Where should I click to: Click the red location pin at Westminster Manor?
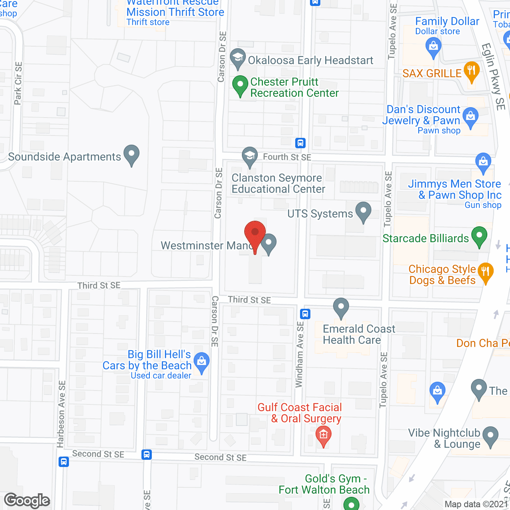point(255,233)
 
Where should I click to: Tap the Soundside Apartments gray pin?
point(131,155)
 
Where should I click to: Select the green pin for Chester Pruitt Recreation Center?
point(240,85)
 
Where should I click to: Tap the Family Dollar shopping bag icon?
point(433,47)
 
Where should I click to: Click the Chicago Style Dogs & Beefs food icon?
point(485,273)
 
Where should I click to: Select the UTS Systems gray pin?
point(363,211)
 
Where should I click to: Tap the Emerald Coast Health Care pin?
point(341,307)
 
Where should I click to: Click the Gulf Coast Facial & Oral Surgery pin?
point(323,435)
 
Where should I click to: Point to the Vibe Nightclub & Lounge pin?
point(490,435)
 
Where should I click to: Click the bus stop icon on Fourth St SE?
point(300,143)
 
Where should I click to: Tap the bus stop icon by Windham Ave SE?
point(305,314)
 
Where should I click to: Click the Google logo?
point(27,500)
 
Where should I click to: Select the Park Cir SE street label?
point(18,83)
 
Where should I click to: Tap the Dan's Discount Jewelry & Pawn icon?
point(471,117)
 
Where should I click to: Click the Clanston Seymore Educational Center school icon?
point(249,156)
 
